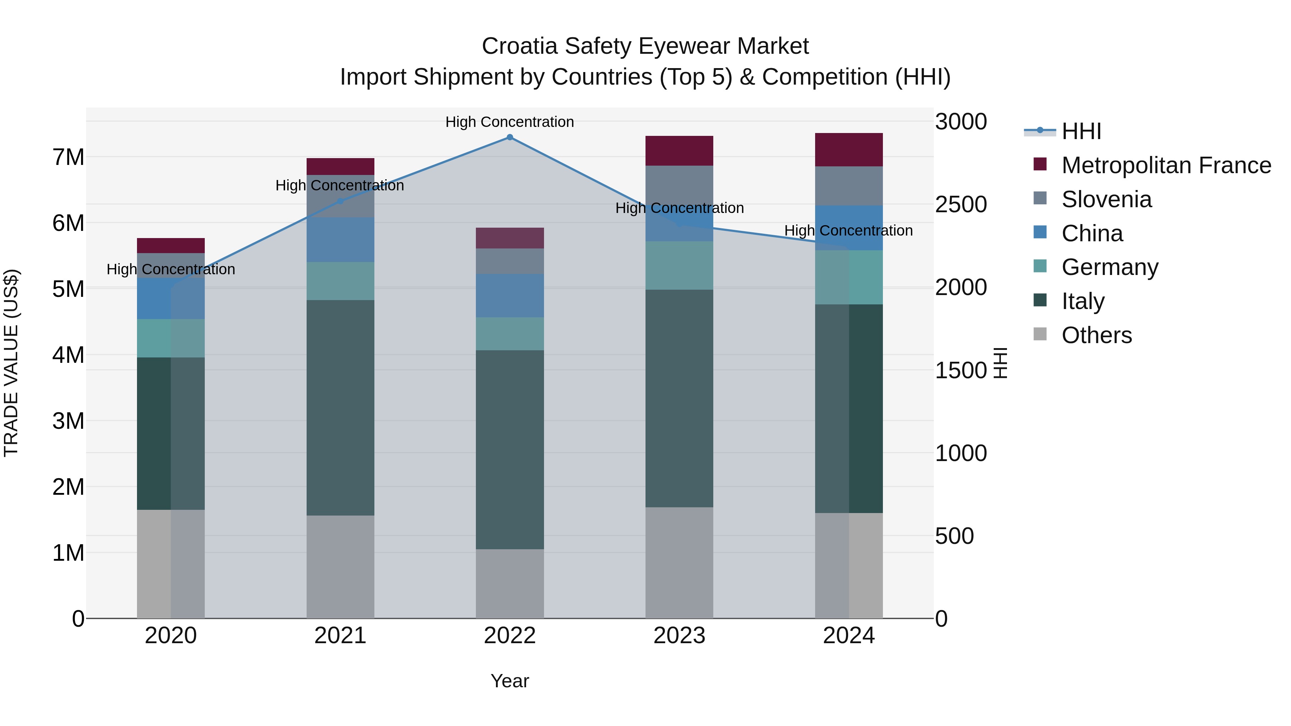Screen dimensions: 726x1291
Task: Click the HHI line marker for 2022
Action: pos(510,137)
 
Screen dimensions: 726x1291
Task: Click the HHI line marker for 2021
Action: pos(340,201)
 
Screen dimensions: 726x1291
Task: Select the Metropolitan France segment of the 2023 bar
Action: pos(679,150)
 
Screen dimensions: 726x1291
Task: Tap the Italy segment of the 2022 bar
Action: pos(510,450)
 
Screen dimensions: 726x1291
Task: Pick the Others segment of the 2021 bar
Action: pos(340,567)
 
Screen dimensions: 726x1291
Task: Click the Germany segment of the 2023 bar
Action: pos(679,266)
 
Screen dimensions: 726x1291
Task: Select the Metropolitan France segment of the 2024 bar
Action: pos(848,149)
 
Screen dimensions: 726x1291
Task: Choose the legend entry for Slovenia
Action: pos(1106,199)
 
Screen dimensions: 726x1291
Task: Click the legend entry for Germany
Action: pos(1110,267)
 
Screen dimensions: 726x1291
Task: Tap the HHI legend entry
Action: pos(1081,131)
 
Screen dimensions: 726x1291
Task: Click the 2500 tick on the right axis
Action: pos(961,204)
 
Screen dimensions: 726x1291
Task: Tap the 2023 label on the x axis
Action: pos(679,636)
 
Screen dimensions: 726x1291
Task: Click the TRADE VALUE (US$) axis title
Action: pos(11,363)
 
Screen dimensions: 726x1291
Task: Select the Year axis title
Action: pos(510,681)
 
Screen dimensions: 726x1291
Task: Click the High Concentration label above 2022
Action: pos(510,122)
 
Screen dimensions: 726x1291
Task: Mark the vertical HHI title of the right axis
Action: pos(1000,363)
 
